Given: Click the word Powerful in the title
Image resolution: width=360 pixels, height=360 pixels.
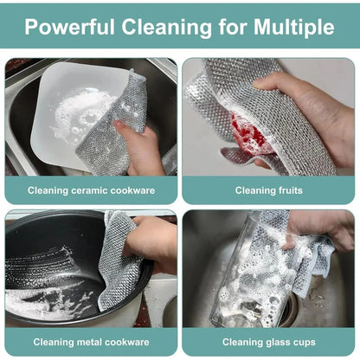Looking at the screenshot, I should click(x=67, y=27).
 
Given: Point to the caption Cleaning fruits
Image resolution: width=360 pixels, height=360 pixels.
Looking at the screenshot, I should click(x=268, y=190).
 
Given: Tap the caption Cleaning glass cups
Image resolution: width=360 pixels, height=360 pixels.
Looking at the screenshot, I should click(x=268, y=342).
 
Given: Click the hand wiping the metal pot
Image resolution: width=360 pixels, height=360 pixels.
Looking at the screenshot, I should click(x=156, y=242).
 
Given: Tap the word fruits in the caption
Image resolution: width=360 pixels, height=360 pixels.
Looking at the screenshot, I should click(x=290, y=190).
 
